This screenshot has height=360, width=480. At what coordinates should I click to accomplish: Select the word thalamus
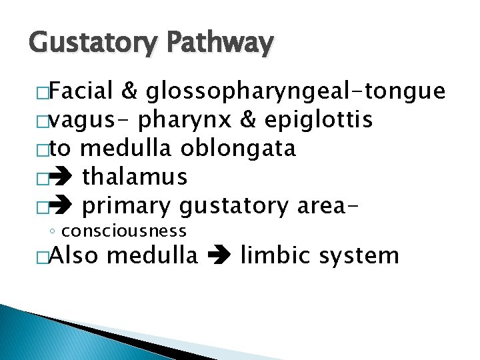tap(135, 177)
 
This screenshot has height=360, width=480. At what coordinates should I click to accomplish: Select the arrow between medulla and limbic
tap(219, 256)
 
